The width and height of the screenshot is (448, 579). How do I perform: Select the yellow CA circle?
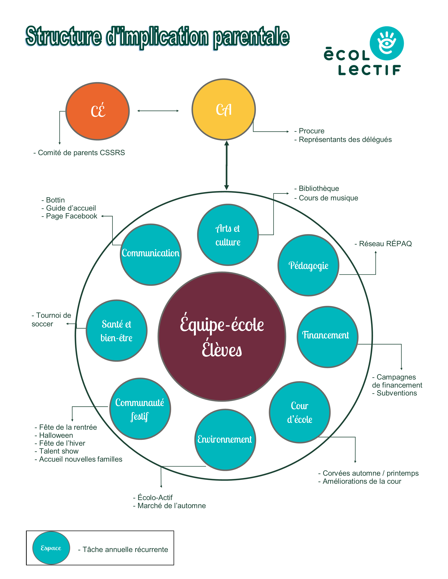click(x=223, y=109)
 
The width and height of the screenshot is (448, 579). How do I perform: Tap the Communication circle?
click(x=151, y=255)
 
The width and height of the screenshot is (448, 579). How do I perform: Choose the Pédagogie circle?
click(x=308, y=265)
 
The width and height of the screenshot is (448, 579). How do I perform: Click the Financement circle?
click(x=327, y=337)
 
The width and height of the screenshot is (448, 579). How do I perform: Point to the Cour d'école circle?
click(x=300, y=412)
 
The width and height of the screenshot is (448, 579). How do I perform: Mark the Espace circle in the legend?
click(x=51, y=548)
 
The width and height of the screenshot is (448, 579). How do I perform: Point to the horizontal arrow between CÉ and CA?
click(x=158, y=111)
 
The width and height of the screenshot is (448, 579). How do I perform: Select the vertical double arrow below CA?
click(x=226, y=165)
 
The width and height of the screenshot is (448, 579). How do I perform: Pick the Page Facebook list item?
click(x=70, y=216)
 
